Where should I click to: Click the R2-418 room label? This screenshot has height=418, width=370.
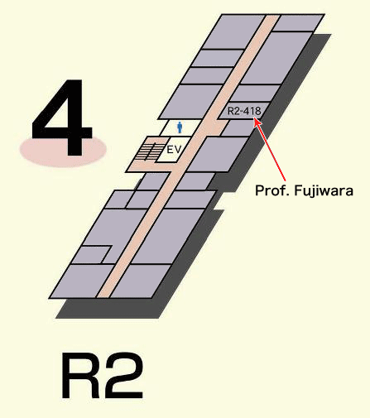pyautogui.click(x=244, y=111)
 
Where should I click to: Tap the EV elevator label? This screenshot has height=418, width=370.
pyautogui.click(x=175, y=150)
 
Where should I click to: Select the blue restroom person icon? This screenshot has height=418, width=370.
pyautogui.click(x=180, y=127)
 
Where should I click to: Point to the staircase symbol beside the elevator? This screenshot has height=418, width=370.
pyautogui.click(x=147, y=151)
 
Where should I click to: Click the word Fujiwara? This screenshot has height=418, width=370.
pyautogui.click(x=324, y=191)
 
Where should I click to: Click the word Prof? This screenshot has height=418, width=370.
pyautogui.click(x=272, y=190)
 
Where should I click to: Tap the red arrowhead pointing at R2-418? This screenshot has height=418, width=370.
pyautogui.click(x=257, y=122)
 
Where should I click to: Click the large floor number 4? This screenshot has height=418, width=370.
pyautogui.click(x=61, y=118)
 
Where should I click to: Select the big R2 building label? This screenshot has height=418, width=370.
pyautogui.click(x=103, y=376)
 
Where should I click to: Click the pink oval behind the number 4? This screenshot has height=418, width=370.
pyautogui.click(x=63, y=151)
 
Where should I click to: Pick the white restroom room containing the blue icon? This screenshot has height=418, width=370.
pyautogui.click(x=180, y=127)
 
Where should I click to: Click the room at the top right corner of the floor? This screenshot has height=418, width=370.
pyautogui.click(x=299, y=22)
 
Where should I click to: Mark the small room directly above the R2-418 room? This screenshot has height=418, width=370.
pyautogui.click(x=254, y=93)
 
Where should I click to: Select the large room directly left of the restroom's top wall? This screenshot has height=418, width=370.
pyautogui.click(x=191, y=102)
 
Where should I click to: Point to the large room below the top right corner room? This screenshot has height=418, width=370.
pyautogui.click(x=276, y=58)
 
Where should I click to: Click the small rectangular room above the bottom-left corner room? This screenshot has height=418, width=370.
pyautogui.click(x=93, y=254)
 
